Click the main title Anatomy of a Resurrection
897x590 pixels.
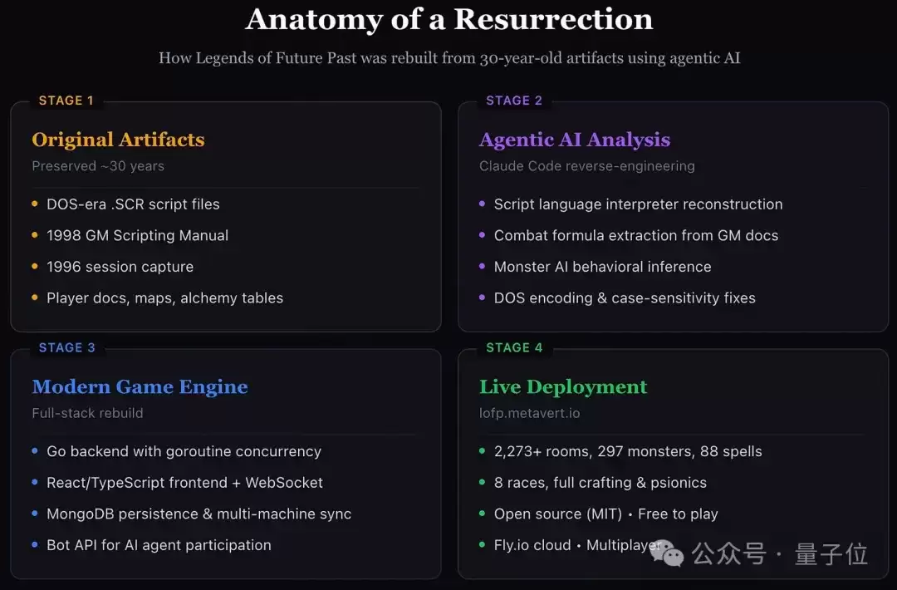tap(449, 19)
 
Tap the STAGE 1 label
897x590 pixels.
tap(66, 101)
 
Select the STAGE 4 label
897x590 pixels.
tap(514, 348)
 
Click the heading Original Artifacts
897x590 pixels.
tap(119, 140)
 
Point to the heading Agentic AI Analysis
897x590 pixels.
tap(575, 140)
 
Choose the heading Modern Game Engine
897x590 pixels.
tap(140, 387)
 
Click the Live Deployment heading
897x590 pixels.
tap(563, 387)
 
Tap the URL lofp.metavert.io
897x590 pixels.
tap(530, 413)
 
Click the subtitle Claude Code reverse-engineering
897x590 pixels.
tap(587, 166)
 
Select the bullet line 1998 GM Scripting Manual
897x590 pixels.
tap(137, 235)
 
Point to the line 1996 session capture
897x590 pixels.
tap(120, 267)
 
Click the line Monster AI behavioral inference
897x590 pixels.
tap(602, 267)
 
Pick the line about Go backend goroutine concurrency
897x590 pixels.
tap(184, 451)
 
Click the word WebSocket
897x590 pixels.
tap(284, 483)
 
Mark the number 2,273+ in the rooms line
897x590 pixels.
tap(517, 451)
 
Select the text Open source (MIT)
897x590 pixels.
tap(558, 514)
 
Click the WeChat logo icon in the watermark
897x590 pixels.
tap(667, 553)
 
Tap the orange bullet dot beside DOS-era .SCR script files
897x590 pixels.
tap(35, 204)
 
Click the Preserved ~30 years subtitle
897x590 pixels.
tap(98, 166)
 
